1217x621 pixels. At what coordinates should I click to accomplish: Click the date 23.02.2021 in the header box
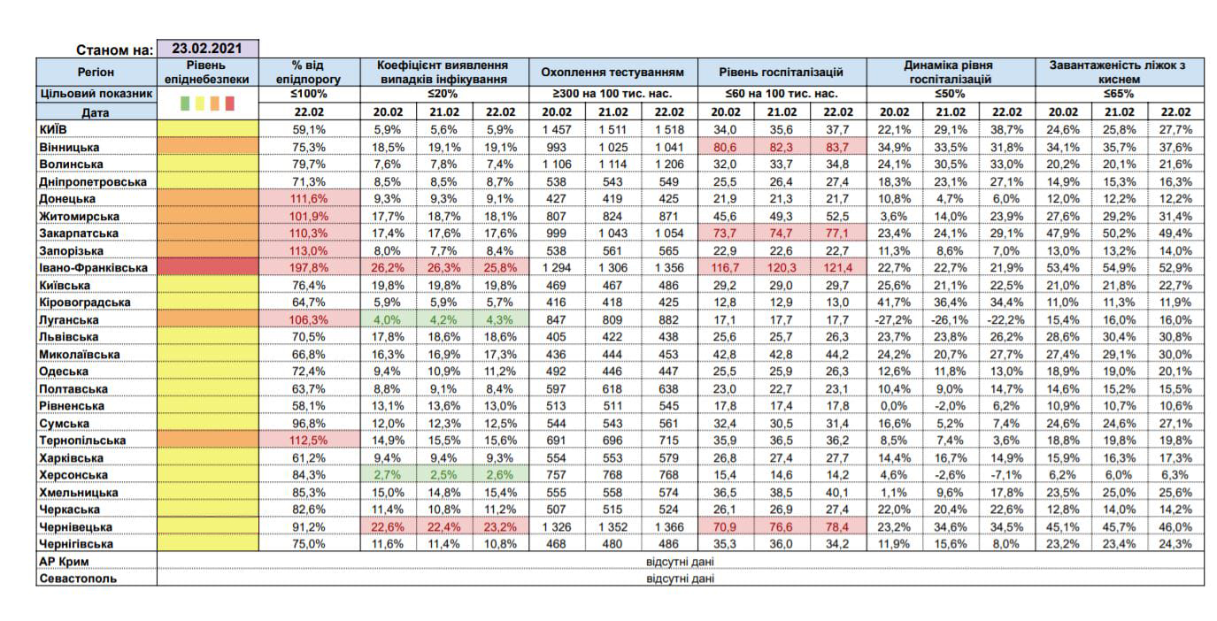[x=207, y=49]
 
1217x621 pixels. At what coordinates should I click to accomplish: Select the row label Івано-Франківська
[x=93, y=268]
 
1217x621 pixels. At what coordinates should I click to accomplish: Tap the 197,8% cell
[x=309, y=268]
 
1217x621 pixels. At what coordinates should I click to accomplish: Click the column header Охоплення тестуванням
[x=612, y=73]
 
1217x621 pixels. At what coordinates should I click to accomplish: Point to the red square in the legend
[x=230, y=103]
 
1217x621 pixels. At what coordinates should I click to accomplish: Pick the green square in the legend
[x=185, y=103]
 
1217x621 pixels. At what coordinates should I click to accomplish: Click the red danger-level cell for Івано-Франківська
[x=207, y=268]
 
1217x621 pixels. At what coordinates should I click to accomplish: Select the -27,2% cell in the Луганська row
[x=893, y=319]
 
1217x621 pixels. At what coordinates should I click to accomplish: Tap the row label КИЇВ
[x=53, y=130]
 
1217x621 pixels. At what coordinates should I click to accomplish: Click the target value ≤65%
[x=1119, y=94]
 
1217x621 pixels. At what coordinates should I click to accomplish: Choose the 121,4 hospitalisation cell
[x=838, y=268]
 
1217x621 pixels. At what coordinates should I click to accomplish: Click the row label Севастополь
[x=78, y=579]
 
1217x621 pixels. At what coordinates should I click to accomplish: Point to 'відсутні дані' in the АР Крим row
[x=681, y=561]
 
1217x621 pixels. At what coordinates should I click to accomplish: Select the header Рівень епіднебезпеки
[x=207, y=73]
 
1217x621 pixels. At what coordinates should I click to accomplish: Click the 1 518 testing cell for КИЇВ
[x=669, y=130]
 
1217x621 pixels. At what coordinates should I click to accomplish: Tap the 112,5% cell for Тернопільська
[x=309, y=441]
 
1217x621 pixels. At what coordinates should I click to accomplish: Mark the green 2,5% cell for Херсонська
[x=443, y=475]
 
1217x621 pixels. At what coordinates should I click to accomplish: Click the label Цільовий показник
[x=96, y=94]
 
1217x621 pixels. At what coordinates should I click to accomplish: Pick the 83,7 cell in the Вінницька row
[x=838, y=147]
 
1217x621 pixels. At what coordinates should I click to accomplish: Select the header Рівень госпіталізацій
[x=782, y=73]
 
